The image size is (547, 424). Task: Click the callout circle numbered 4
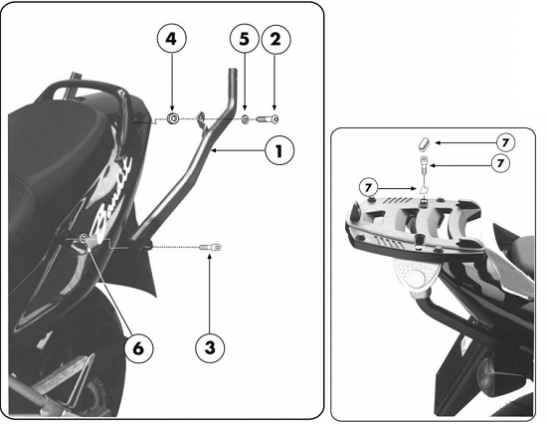pyautogui.click(x=171, y=39)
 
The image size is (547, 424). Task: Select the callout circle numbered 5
pyautogui.click(x=245, y=39)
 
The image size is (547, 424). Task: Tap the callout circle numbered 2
pyautogui.click(x=275, y=39)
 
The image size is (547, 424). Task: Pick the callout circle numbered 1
pyautogui.click(x=279, y=151)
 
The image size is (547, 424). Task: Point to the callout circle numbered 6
pyautogui.click(x=138, y=348)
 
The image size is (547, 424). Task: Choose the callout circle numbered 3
pyautogui.click(x=210, y=347)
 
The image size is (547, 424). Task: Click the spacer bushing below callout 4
pyautogui.click(x=172, y=118)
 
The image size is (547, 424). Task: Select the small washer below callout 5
pyautogui.click(x=246, y=119)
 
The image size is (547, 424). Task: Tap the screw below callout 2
pyautogui.click(x=268, y=119)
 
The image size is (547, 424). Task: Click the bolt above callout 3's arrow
pyautogui.click(x=210, y=248)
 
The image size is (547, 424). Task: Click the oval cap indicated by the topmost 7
pyautogui.click(x=424, y=144)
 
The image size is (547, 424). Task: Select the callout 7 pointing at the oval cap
pyautogui.click(x=505, y=142)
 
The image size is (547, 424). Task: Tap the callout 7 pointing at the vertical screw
pyautogui.click(x=500, y=163)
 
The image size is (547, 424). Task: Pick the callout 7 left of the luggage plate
pyautogui.click(x=368, y=188)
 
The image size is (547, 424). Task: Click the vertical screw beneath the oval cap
pyautogui.click(x=424, y=166)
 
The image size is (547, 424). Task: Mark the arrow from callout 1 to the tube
pyautogui.click(x=238, y=150)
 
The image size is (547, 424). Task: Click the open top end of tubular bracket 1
pyautogui.click(x=233, y=71)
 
